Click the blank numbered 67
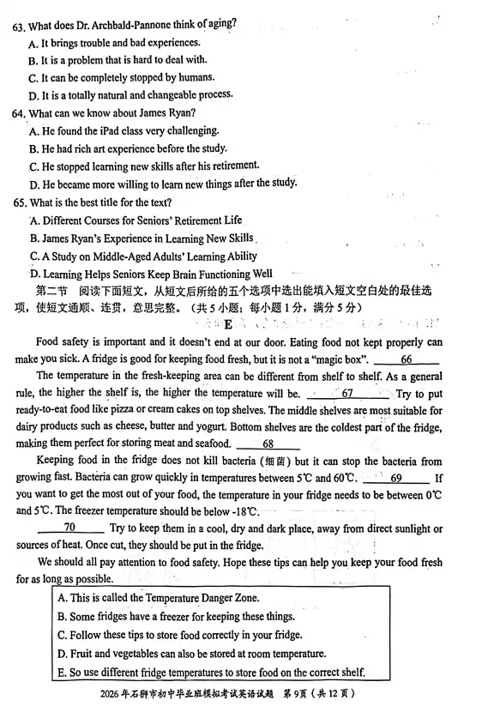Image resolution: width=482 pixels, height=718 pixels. (347, 394)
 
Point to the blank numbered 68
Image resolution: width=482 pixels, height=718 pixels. (268, 444)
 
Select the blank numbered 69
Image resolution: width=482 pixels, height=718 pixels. (396, 478)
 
